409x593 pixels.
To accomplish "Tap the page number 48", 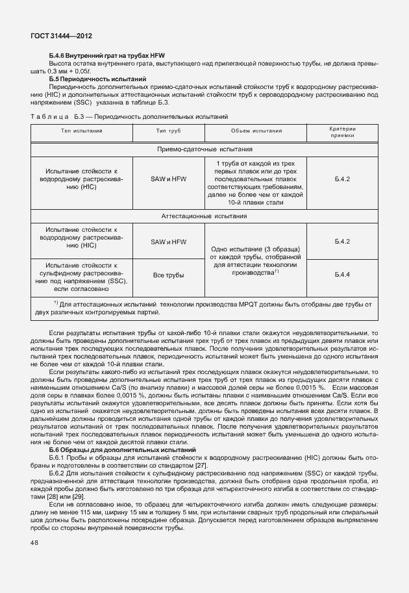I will [x=34, y=542].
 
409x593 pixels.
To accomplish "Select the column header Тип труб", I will [x=168, y=131].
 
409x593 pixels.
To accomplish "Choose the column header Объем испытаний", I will [x=258, y=131].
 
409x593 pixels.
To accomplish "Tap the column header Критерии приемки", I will [x=342, y=132].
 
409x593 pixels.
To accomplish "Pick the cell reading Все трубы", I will [x=168, y=275].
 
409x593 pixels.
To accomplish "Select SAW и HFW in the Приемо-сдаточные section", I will [x=168, y=178].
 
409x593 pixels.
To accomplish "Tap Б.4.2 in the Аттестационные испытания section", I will [x=342, y=241].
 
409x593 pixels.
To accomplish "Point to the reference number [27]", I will [x=201, y=466].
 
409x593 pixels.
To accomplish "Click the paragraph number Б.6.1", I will [x=58, y=458].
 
